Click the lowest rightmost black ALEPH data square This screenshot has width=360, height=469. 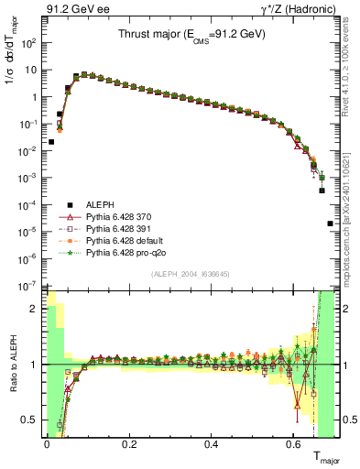[x=330, y=224]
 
